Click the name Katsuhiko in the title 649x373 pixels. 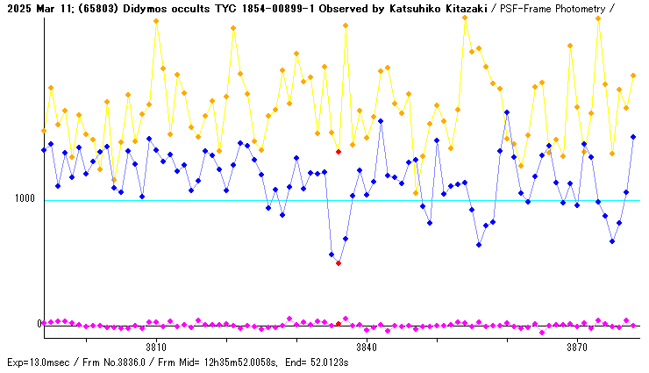(x=409, y=8)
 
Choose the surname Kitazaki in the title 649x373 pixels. (x=464, y=8)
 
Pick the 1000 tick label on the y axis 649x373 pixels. (x=25, y=198)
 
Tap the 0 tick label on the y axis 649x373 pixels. (x=39, y=324)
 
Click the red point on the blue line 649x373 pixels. (x=339, y=263)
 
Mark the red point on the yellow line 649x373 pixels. (x=339, y=152)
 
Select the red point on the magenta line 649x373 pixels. (x=339, y=324)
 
